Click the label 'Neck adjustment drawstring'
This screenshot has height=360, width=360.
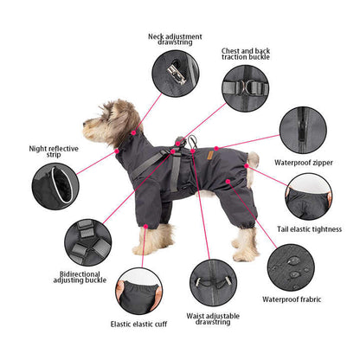pos(175,42)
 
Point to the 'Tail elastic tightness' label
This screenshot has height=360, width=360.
pos(317,228)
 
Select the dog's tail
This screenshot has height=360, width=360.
pos(254,157)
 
